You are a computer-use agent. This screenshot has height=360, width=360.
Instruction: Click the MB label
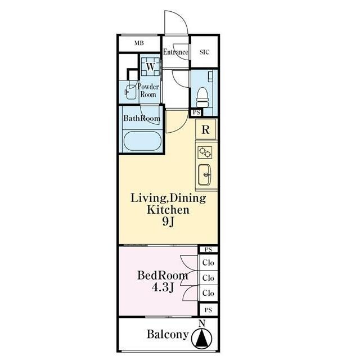tap(139, 43)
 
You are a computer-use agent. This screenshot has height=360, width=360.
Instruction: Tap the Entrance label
tap(175, 52)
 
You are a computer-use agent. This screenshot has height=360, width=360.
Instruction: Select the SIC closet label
tap(204, 52)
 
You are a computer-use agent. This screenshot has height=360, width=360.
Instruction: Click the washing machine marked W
tap(150, 67)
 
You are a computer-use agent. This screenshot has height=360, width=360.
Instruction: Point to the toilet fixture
tap(202, 97)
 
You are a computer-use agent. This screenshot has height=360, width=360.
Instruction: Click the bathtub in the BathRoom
tap(142, 141)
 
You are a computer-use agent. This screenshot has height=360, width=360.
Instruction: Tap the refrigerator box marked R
tap(206, 130)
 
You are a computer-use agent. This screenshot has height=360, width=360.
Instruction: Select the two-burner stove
tap(205, 152)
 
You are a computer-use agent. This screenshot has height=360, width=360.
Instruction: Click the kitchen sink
tap(204, 174)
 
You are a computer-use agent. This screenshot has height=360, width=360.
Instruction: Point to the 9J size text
tap(168, 222)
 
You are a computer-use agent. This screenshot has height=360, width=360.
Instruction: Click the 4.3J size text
tap(163, 287)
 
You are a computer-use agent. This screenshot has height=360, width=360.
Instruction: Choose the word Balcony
tap(168, 334)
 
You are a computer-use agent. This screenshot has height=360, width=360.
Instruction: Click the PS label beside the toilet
tap(196, 112)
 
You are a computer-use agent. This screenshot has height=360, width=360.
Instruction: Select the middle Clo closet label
tap(208, 278)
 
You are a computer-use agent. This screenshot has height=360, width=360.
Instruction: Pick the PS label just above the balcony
tap(208, 310)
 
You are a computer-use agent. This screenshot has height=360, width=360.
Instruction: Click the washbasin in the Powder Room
tap(130, 92)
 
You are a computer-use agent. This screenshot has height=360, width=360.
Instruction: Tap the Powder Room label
tap(148, 91)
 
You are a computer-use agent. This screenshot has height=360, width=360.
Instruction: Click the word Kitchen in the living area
tap(168, 210)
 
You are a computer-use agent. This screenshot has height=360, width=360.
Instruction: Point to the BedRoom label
tap(163, 276)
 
